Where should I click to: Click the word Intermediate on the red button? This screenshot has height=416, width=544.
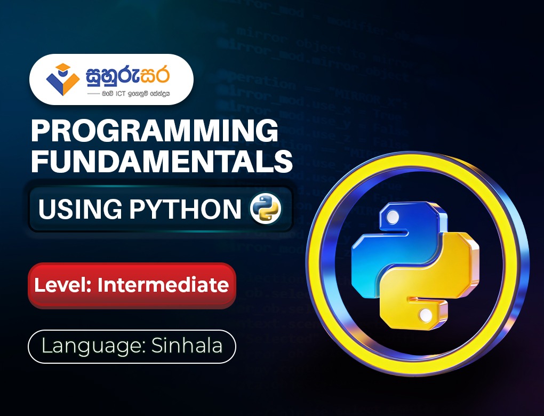click(x=163, y=285)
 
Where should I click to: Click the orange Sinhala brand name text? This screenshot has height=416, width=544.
click(x=128, y=75)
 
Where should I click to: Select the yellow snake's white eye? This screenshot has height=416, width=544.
click(x=426, y=316)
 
